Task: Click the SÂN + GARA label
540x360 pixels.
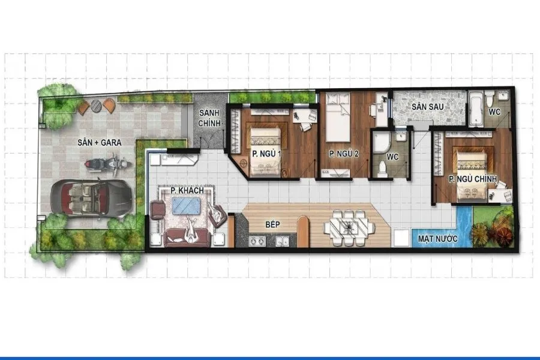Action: tap(100, 142)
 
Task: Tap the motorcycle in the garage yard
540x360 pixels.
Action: tap(107, 164)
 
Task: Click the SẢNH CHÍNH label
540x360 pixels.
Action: tap(209, 118)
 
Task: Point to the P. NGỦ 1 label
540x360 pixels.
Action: tap(266, 154)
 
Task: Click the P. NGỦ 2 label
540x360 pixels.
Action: tap(344, 154)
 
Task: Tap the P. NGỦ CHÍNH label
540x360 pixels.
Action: tap(473, 179)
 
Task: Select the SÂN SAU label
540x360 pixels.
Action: tap(427, 107)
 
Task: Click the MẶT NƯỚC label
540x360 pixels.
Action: tap(438, 238)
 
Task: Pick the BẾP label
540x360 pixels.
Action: tap(272, 224)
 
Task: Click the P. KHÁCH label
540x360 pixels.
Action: tap(187, 191)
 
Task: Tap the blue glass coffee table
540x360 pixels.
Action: tap(187, 206)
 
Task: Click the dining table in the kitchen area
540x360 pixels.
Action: tap(350, 227)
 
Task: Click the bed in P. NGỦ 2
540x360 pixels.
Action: tap(338, 117)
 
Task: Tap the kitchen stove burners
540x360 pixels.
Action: tap(257, 241)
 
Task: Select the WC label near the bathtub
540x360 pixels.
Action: tap(494, 112)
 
